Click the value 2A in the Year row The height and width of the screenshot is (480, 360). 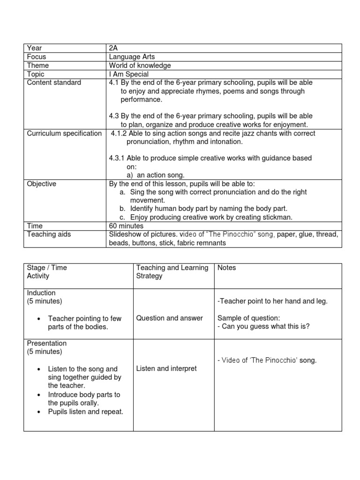click(114, 48)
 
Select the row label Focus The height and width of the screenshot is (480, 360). click(37, 57)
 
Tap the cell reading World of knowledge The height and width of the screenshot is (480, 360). click(140, 66)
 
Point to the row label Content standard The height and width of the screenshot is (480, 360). click(54, 82)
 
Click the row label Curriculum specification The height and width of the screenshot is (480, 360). click(64, 133)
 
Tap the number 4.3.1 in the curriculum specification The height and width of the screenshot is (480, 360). click(118, 158)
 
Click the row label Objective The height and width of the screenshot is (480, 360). click(42, 184)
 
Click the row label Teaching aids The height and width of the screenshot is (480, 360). click(48, 234)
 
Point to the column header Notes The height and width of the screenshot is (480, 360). click(227, 268)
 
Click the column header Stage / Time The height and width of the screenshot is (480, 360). click(47, 268)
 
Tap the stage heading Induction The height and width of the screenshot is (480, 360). click(41, 293)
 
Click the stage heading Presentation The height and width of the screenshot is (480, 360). click(47, 344)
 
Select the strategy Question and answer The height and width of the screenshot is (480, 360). click(169, 318)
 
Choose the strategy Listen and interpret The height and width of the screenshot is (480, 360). click(166, 369)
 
